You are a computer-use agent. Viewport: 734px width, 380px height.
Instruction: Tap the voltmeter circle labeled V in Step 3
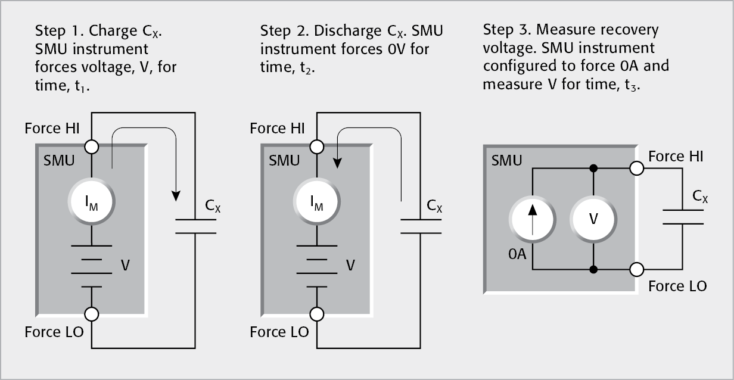pyautogui.click(x=593, y=219)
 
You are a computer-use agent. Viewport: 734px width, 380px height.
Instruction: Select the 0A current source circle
pyautogui.click(x=533, y=219)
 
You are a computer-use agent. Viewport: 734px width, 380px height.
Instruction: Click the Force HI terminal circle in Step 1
pyautogui.click(x=92, y=145)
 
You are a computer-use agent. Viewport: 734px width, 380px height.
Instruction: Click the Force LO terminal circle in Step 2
pyautogui.click(x=317, y=313)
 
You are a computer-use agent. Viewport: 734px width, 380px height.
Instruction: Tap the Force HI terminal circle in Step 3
pyautogui.click(x=636, y=169)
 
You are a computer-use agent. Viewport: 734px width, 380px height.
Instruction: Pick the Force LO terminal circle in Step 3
pyautogui.click(x=636, y=269)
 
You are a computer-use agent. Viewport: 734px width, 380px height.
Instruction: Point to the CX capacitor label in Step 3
pyautogui.click(x=700, y=196)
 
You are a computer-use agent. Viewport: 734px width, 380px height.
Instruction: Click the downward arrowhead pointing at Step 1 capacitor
pyautogui.click(x=176, y=196)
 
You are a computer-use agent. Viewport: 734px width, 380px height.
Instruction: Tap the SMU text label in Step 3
pyautogui.click(x=507, y=160)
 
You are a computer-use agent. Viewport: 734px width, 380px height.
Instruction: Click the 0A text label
pyautogui.click(x=517, y=254)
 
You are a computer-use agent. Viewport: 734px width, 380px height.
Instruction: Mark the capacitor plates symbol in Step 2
pyautogui.click(x=421, y=226)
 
